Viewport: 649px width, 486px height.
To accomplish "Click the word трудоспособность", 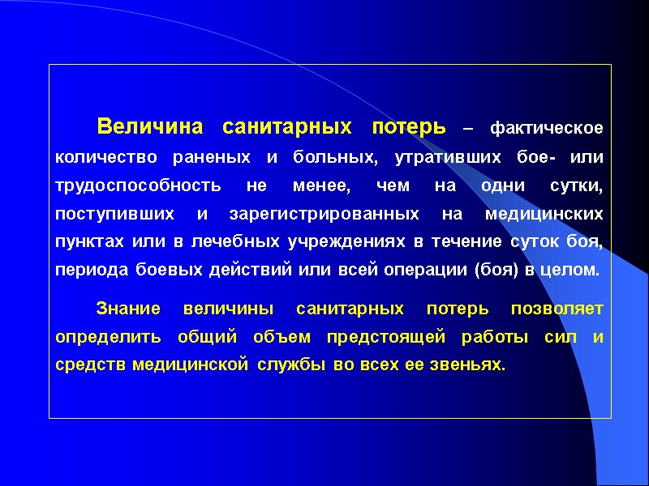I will point(138,185).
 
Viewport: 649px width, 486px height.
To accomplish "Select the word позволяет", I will point(557,309).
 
